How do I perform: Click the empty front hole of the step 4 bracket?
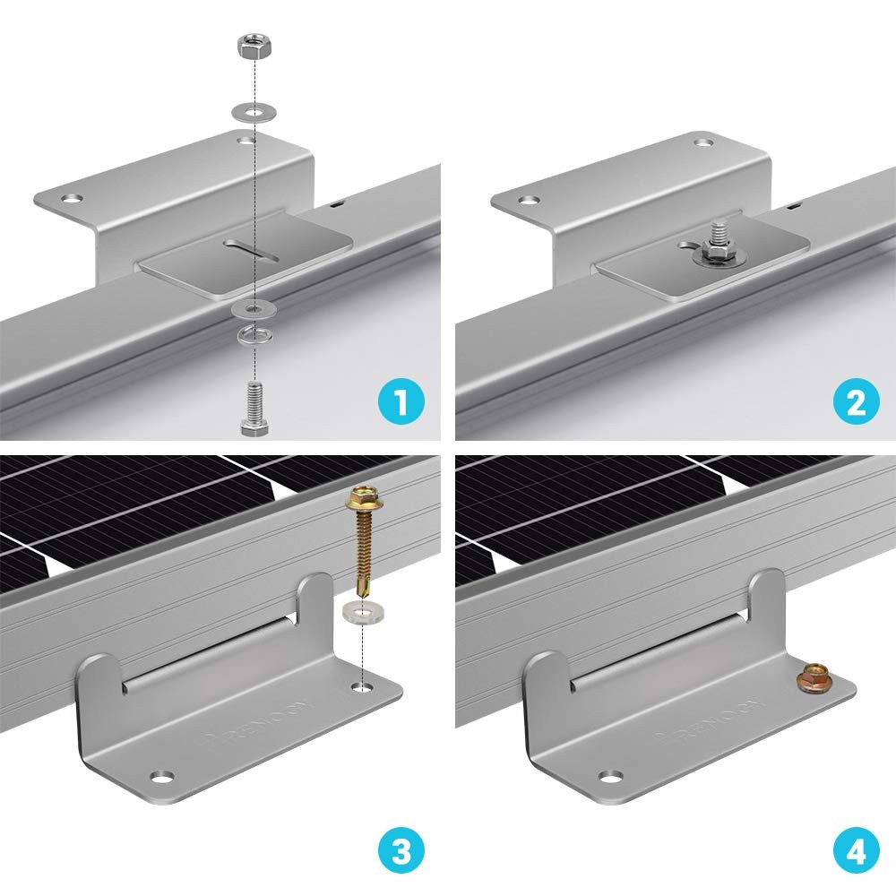(x=612, y=774)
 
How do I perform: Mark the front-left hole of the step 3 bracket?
(x=159, y=774)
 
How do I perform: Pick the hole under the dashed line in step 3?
(x=362, y=686)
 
